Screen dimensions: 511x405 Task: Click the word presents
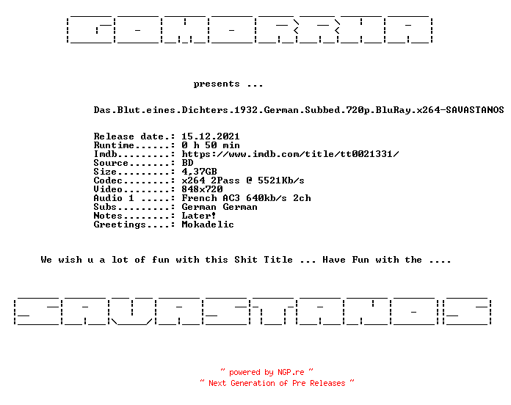click(217, 84)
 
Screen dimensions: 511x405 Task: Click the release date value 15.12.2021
click(211, 136)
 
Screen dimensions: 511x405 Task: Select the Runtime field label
click(114, 145)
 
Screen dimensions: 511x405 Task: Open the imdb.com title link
click(290, 153)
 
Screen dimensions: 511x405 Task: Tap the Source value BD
click(187, 162)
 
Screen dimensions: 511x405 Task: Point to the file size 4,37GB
click(199, 172)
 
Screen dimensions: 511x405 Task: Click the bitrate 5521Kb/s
click(281, 180)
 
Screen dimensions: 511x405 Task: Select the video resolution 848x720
click(202, 189)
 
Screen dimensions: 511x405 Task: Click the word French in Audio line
click(199, 197)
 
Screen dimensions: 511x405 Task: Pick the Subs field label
click(105, 206)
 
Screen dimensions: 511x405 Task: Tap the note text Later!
click(198, 215)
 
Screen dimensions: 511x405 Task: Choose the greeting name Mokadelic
click(208, 225)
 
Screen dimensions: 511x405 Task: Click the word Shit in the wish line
click(246, 260)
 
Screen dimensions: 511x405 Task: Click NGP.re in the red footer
click(291, 372)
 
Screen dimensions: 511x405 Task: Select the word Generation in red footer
click(253, 383)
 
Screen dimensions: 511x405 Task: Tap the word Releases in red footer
click(327, 383)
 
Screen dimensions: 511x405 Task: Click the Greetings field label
click(120, 225)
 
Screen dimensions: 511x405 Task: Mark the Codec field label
click(108, 180)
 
